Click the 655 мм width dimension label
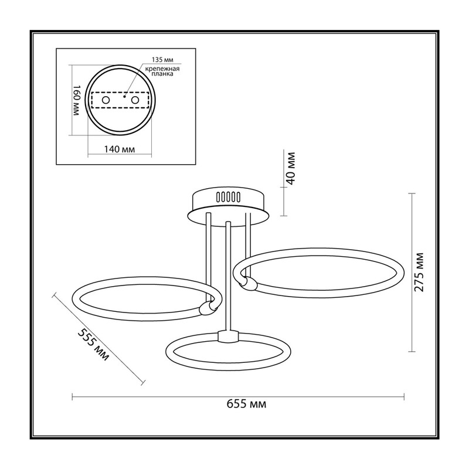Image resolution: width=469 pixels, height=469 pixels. click(246, 404)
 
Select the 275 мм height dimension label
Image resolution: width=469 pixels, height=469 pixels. click(419, 272)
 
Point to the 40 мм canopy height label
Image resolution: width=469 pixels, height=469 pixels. click(290, 169)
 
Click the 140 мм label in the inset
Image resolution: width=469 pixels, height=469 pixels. click(119, 149)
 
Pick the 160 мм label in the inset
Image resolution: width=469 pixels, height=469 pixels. click(76, 100)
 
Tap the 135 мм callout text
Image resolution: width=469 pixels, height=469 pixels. click(162, 60)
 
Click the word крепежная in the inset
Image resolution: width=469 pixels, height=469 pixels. click(162, 69)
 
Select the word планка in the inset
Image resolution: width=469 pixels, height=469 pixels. click(162, 74)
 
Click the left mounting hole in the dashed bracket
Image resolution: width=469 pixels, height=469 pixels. click(106, 100)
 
